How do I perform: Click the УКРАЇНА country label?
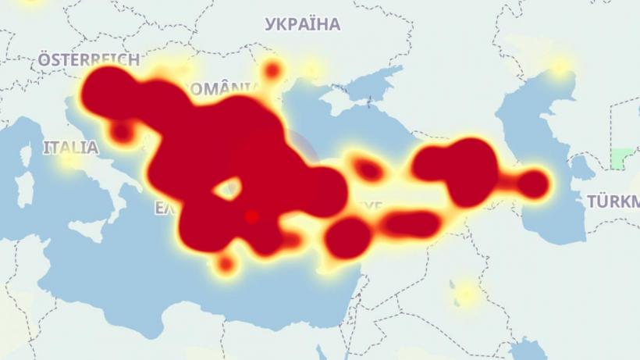(303, 24)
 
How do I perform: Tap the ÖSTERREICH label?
(88, 59)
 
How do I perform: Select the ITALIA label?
(71, 147)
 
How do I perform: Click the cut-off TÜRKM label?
(613, 202)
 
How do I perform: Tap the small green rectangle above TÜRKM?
(621, 159)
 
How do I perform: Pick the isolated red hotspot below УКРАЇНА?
(272, 71)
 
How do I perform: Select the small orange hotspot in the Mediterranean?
(226, 265)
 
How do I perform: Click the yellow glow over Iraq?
(466, 294)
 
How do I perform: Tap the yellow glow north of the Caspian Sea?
(559, 66)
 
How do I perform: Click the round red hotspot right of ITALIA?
(122, 133)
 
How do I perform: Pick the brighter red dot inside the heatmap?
(251, 216)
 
